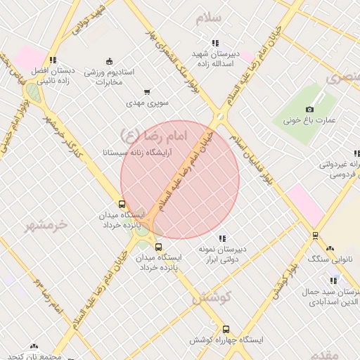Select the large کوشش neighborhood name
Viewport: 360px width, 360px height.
click(208, 298)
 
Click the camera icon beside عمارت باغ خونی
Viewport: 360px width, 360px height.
click(309, 109)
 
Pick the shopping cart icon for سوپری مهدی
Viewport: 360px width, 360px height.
click(147, 91)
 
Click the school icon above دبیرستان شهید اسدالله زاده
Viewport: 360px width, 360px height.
click(214, 43)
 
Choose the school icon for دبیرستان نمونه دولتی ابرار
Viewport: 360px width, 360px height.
click(222, 238)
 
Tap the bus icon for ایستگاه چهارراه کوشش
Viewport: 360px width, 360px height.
click(226, 328)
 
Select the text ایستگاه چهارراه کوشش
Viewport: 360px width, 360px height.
click(226, 340)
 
